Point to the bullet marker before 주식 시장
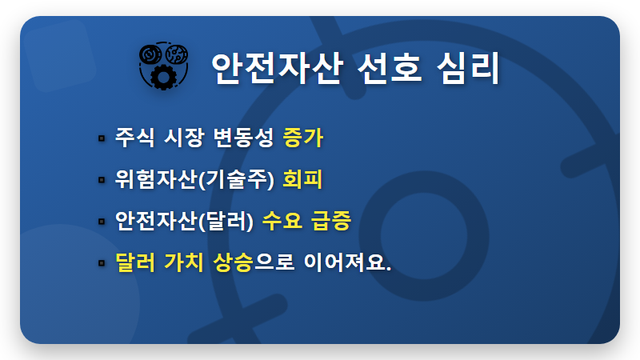pos(102,138)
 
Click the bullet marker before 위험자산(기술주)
pos(102,180)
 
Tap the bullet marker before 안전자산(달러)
pos(102,221)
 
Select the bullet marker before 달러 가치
pos(102,262)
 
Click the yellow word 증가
pos(302,138)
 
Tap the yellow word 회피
pos(302,179)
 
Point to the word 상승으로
pos(254,262)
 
